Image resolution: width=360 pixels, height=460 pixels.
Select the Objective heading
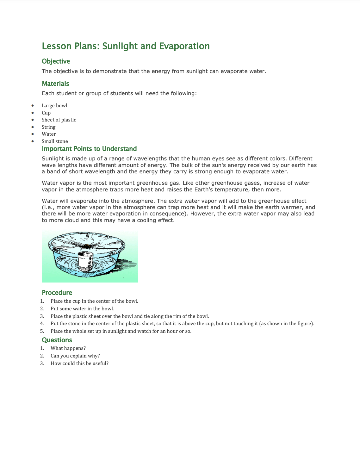pyautogui.click(x=56, y=61)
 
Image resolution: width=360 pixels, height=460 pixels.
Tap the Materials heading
pyautogui.click(x=55, y=84)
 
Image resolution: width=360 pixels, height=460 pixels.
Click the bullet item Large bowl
pyautogui.click(x=54, y=106)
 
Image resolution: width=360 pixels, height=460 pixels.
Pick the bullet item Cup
pyautogui.click(x=46, y=113)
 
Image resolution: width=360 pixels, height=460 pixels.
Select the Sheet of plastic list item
pyautogui.click(x=59, y=120)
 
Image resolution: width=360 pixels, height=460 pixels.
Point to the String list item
pyautogui.click(x=48, y=127)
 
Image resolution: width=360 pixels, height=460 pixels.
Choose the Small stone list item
pyautogui.click(x=55, y=141)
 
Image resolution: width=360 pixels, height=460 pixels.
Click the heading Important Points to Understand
pyautogui.click(x=89, y=149)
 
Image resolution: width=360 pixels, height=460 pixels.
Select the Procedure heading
pyautogui.click(x=57, y=293)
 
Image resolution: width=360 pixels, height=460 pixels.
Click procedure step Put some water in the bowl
pyautogui.click(x=82, y=309)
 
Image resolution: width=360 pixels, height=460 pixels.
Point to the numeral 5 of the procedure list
pyautogui.click(x=42, y=331)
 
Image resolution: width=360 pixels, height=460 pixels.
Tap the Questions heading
pyautogui.click(x=57, y=340)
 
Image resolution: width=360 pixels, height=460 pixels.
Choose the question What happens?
pyautogui.click(x=68, y=348)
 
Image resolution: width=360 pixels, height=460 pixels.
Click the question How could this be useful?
pyautogui.click(x=79, y=364)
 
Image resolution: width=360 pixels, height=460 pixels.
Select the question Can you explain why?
pyautogui.click(x=75, y=356)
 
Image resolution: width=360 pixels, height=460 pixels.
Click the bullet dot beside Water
pyautogui.click(x=33, y=134)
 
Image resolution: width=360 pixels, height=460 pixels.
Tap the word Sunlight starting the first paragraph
pyautogui.click(x=53, y=159)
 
